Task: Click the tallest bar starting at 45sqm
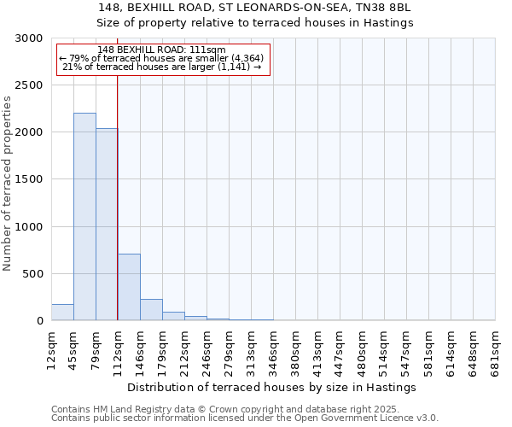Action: click(x=84, y=217)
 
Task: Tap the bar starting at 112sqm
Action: click(x=129, y=287)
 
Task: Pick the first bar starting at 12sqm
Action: click(x=62, y=313)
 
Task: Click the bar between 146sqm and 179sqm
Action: click(x=151, y=310)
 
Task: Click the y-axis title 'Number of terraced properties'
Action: click(x=8, y=183)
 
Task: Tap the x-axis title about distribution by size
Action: click(x=273, y=387)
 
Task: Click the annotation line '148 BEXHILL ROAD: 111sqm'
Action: click(x=161, y=50)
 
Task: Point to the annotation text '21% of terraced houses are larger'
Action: click(x=161, y=67)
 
